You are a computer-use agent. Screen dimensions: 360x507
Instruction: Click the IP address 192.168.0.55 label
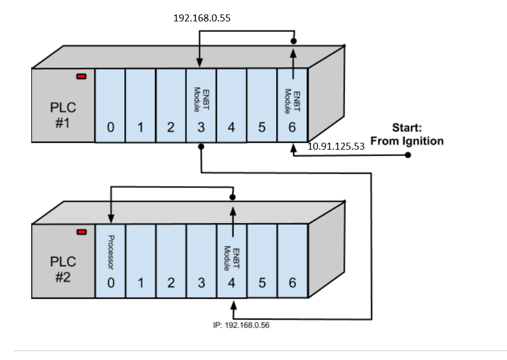(x=202, y=18)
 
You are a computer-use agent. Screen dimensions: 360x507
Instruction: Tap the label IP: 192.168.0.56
(x=241, y=325)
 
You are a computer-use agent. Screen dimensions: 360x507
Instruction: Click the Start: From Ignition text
(x=407, y=134)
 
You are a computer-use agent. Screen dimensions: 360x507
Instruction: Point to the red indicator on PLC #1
(x=82, y=76)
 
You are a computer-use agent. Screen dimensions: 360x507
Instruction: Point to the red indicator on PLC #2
(x=82, y=232)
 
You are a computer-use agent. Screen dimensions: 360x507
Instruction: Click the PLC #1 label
(x=62, y=116)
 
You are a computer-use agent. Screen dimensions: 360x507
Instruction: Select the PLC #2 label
(x=62, y=269)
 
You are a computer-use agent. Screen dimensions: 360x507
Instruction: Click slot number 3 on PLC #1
(x=201, y=128)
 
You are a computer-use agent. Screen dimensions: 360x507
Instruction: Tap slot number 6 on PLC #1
(x=292, y=128)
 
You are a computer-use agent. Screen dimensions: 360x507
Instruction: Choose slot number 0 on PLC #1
(x=109, y=128)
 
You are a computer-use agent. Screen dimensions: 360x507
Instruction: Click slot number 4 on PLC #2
(x=231, y=283)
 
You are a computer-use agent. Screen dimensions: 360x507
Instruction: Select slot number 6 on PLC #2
(x=292, y=283)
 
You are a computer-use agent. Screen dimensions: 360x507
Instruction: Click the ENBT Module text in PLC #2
(x=232, y=258)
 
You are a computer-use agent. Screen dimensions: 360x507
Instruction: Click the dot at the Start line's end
(x=408, y=155)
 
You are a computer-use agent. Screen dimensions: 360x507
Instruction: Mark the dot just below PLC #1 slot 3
(x=201, y=147)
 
